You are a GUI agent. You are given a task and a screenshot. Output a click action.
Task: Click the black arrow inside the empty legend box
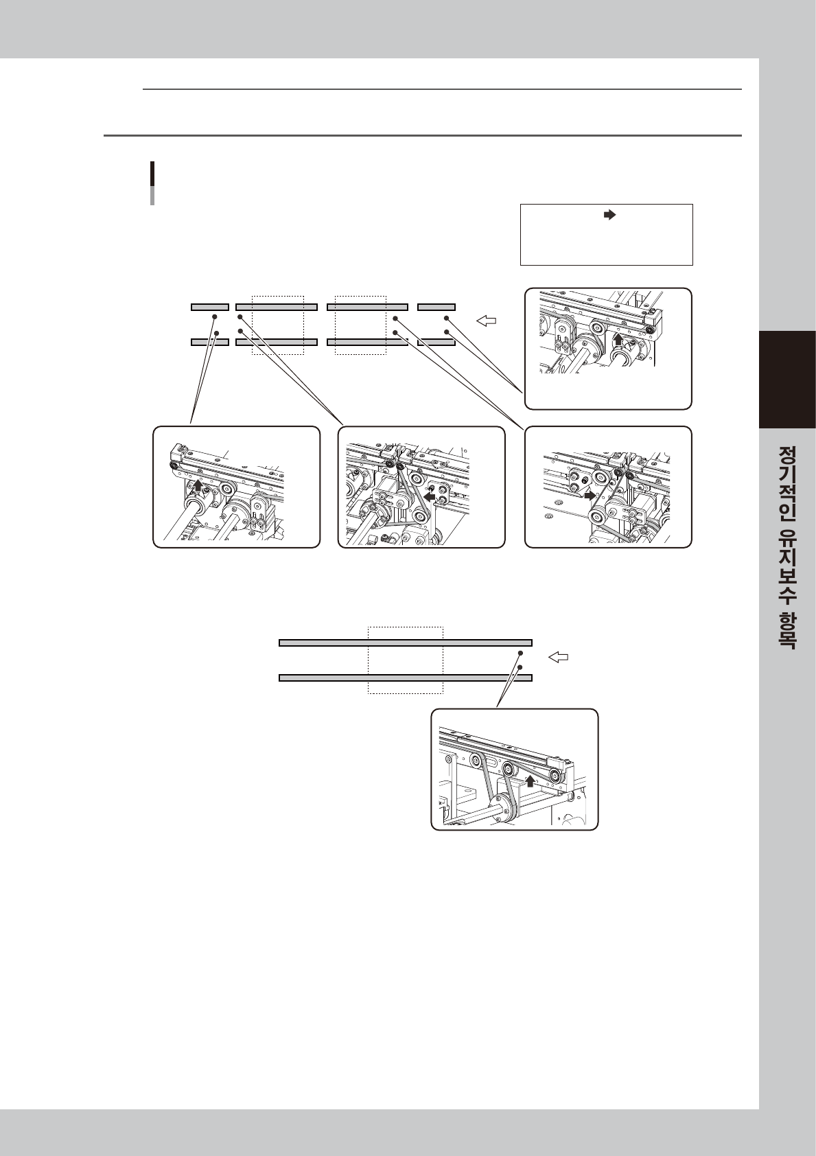click(609, 215)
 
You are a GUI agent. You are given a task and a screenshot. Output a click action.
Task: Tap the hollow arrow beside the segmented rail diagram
click(486, 321)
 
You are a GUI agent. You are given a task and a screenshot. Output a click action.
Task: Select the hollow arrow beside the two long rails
click(557, 657)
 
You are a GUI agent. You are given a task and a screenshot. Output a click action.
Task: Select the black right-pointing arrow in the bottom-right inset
click(589, 495)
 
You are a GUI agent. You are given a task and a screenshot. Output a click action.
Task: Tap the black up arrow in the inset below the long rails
click(530, 781)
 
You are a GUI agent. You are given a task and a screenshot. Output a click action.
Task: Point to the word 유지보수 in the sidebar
click(787, 565)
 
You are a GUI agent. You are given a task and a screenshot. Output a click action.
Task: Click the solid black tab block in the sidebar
click(787, 380)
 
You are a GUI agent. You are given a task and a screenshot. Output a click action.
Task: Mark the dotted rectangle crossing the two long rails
click(406, 660)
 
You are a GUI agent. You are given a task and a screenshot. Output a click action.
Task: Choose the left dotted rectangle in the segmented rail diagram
click(277, 325)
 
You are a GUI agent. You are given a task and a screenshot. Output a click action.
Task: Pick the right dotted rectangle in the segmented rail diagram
click(360, 325)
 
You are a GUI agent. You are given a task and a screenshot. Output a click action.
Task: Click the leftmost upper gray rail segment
click(210, 307)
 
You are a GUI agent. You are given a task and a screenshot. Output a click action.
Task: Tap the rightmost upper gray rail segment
click(436, 307)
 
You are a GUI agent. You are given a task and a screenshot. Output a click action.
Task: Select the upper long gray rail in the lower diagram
click(406, 643)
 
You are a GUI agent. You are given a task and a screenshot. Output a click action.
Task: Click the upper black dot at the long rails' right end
click(520, 654)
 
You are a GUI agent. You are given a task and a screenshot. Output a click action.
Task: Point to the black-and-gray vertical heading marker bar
click(152, 183)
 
